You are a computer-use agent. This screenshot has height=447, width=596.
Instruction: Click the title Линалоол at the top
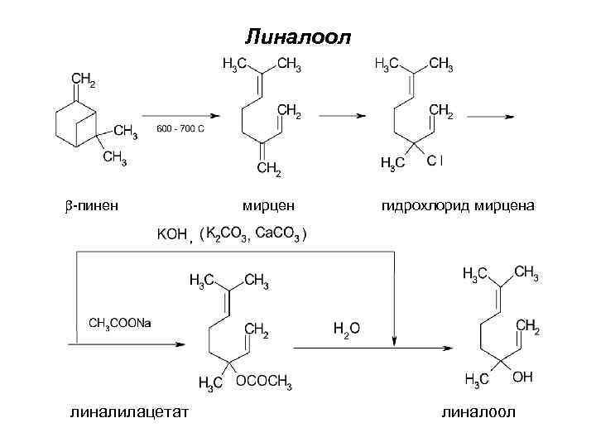tap(298, 36)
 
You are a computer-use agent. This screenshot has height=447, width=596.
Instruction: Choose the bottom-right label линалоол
tap(478, 411)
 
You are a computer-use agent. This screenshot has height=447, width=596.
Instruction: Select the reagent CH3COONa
tap(120, 322)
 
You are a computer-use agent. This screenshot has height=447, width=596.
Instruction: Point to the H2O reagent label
tap(346, 329)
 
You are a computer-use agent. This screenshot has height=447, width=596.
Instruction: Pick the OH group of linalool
tap(522, 377)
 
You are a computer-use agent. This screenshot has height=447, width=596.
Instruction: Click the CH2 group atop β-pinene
tap(83, 79)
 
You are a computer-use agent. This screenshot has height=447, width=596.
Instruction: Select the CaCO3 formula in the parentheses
tap(279, 234)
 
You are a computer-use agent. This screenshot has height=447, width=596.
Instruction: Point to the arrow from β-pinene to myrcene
tap(178, 116)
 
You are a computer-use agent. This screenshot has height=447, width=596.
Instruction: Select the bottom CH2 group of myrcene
tap(269, 171)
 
